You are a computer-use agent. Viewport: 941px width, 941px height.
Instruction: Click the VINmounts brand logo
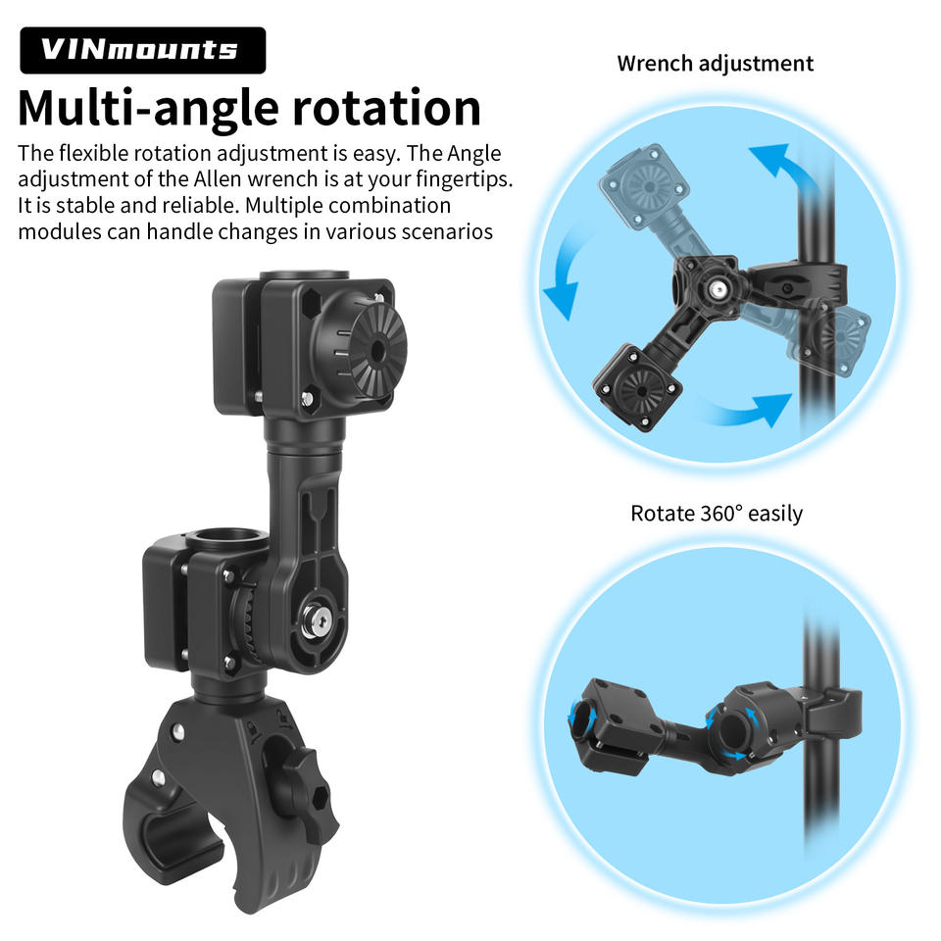(x=143, y=50)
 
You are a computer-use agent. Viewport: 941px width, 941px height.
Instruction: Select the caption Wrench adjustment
(x=715, y=64)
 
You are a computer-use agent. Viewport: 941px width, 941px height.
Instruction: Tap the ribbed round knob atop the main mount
(x=375, y=352)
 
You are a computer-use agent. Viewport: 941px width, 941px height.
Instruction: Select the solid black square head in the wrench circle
(x=637, y=388)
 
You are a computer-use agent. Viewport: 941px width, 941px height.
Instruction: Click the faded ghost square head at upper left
(x=645, y=186)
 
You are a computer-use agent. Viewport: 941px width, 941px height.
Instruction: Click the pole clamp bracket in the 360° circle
(x=830, y=712)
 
